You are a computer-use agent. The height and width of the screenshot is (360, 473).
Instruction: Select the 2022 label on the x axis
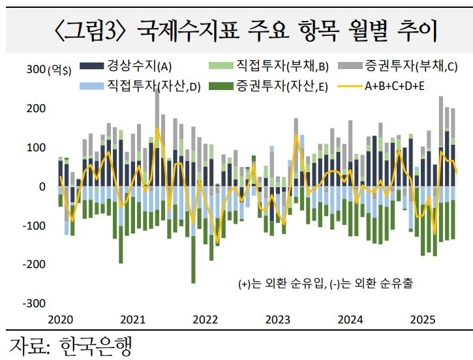(x=206, y=320)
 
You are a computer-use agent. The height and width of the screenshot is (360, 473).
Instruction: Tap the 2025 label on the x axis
(x=422, y=320)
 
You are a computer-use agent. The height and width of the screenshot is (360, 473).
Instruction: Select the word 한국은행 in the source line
(x=94, y=346)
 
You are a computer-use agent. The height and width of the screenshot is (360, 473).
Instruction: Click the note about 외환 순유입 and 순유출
(x=326, y=284)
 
